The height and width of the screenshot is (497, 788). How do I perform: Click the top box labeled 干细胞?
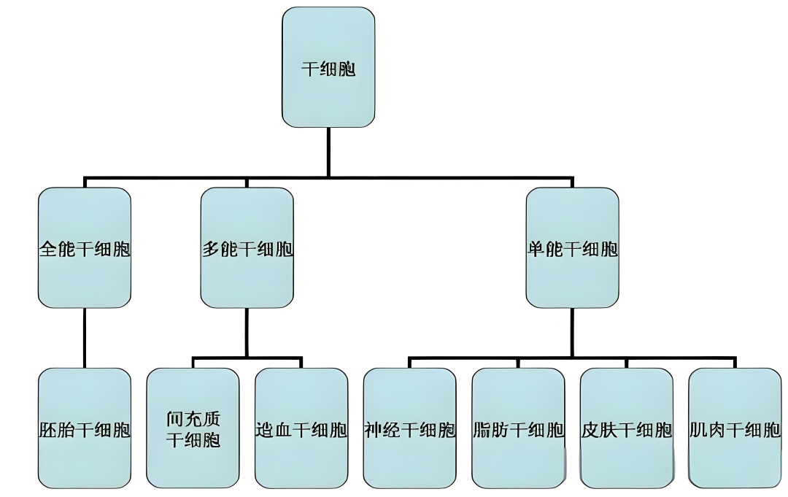pos(328,67)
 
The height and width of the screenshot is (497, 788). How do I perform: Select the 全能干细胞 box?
pos(85,248)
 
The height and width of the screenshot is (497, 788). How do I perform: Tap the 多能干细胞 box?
pos(247,248)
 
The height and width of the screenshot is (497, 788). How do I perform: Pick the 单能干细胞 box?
pos(572,248)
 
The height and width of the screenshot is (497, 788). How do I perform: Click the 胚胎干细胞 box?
pos(85,428)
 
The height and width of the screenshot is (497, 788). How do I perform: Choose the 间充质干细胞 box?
pos(193,428)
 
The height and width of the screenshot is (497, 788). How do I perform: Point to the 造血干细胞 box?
pos(301,428)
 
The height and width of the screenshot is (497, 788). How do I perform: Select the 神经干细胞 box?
pos(409,428)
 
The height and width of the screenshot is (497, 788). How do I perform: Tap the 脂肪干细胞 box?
pos(518,428)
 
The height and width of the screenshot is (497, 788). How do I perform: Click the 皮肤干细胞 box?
pos(626,428)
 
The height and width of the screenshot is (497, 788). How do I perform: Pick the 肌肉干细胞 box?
pos(734,428)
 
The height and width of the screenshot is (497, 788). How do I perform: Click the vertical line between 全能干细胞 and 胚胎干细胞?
pos(85,337)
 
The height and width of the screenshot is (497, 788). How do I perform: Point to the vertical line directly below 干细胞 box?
pos(328,152)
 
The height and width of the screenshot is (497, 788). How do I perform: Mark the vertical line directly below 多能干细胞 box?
pos(247,332)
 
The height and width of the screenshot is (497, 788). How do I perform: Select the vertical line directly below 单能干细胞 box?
pos(572,332)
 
